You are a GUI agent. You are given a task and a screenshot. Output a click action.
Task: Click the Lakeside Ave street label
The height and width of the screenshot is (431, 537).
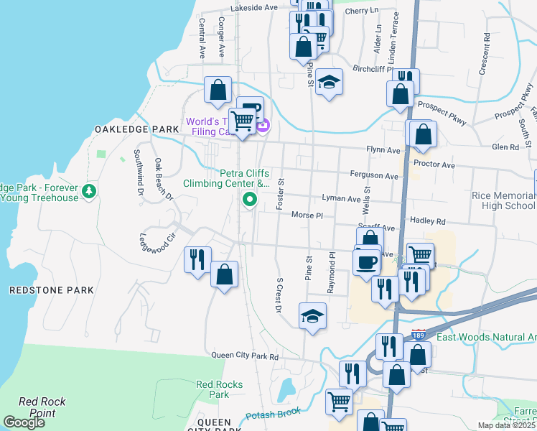point(253,8)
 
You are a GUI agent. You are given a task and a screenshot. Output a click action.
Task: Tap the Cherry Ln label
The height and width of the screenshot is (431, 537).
point(362,11)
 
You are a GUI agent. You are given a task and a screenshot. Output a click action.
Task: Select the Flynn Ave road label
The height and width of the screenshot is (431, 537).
point(383,150)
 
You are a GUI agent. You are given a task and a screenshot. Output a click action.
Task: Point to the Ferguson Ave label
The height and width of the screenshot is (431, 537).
point(373,176)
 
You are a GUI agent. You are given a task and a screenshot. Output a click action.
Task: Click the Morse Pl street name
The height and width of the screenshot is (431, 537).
point(308,215)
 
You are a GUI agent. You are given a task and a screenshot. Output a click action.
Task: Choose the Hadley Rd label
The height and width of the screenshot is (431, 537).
point(427,222)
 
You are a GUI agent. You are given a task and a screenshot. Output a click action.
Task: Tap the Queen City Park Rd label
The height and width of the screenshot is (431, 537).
point(244,356)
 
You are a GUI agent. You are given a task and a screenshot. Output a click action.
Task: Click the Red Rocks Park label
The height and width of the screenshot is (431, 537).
point(213,389)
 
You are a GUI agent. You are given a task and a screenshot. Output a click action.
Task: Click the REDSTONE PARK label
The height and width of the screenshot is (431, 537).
point(51,290)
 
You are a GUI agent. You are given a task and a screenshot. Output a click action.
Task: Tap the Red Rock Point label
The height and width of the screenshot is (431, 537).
point(42,407)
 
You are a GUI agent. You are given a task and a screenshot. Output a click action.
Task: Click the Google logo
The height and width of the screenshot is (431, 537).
point(24,422)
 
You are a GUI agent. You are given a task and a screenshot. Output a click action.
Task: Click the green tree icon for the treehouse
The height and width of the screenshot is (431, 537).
point(89,191)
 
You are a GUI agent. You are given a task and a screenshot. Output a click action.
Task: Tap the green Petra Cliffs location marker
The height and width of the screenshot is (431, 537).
point(250,199)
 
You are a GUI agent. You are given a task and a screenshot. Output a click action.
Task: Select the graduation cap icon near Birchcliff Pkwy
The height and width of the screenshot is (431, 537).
point(329,81)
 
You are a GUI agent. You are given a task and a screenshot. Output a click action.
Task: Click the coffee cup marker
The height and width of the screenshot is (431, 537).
point(367,260)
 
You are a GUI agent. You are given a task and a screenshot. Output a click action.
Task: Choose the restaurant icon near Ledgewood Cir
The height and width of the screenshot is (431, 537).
point(197,258)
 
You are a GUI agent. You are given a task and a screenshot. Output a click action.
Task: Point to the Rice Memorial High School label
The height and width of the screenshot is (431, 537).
point(503,200)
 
